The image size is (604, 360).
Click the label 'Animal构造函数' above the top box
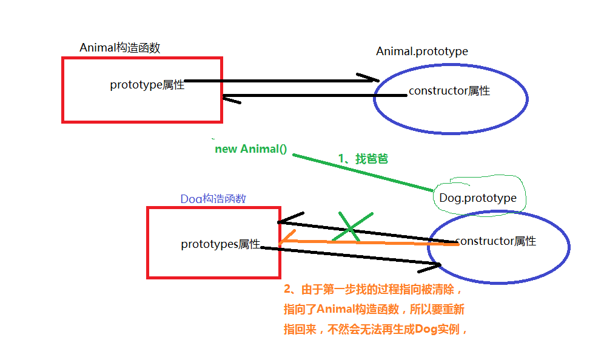pos(119,48)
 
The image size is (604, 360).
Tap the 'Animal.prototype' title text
pos(421,52)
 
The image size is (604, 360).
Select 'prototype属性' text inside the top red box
pos(147,85)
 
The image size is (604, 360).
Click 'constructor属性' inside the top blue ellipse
pos(449,92)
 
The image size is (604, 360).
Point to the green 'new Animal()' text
pos(250,148)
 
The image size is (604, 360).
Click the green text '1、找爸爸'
pos(363,159)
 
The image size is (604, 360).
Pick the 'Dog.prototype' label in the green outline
pos(478,198)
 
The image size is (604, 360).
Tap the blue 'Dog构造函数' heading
pos(213,199)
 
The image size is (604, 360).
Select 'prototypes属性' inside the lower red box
pos(220,244)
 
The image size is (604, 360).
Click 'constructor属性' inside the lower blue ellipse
pos(495,241)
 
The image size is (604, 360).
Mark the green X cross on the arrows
pos(351,227)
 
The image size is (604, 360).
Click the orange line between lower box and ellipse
pos(364,243)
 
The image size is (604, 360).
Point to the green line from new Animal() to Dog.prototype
pos(364,172)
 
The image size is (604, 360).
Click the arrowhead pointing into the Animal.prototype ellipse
pos(369,79)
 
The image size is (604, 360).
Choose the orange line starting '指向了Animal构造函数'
pos(374,310)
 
